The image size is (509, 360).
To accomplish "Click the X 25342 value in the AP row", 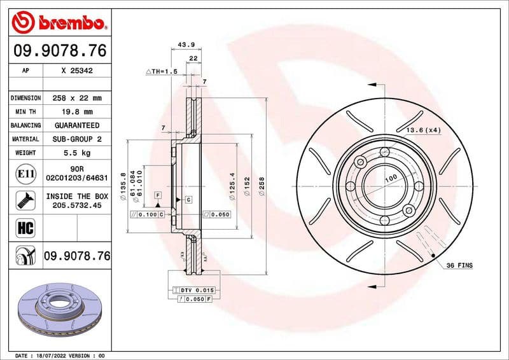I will click(77, 71).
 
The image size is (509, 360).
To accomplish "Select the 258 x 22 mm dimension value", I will click(77, 98).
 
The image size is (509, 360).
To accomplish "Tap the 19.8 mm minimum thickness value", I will click(77, 112).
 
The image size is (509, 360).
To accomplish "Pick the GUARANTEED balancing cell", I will click(77, 125).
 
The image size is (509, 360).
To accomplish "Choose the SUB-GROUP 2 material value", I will click(77, 139).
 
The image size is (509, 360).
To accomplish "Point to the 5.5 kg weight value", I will click(77, 153).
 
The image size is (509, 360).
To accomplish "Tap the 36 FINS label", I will click(459, 264).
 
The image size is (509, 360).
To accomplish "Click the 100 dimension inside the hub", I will click(390, 177).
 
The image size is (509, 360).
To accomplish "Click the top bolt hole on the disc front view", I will click(384, 152).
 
